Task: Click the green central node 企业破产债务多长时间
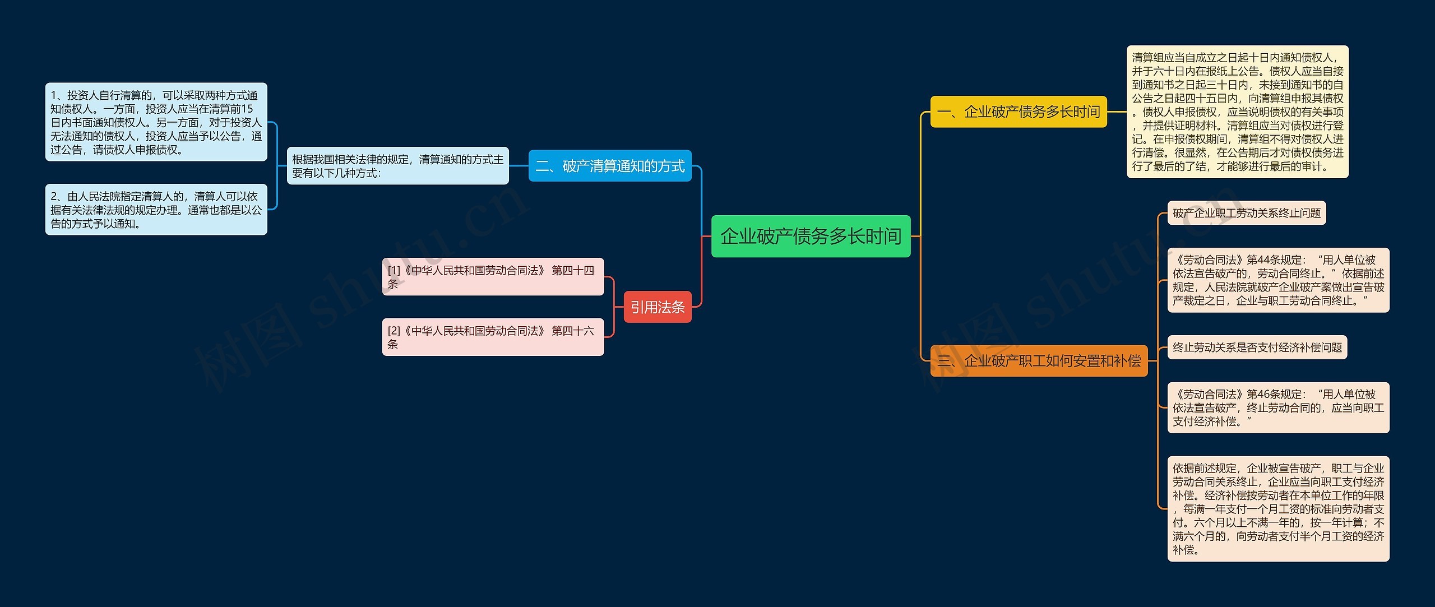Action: coord(811,236)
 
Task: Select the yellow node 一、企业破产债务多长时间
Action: coord(1019,112)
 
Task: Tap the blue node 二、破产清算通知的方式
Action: coord(610,166)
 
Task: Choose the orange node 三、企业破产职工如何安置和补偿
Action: coord(1039,360)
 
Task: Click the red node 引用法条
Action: coord(658,307)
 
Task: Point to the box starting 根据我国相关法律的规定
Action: coord(397,166)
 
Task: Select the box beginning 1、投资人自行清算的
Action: coord(156,122)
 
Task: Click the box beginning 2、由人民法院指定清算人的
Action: coord(156,210)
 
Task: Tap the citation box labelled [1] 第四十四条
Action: coord(493,276)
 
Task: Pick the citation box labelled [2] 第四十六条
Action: coord(493,337)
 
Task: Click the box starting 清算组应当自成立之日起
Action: coord(1237,112)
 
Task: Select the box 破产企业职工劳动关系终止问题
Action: coord(1246,213)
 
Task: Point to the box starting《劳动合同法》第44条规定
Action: coord(1278,280)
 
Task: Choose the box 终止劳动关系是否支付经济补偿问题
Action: coord(1257,347)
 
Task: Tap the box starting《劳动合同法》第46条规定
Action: coord(1278,407)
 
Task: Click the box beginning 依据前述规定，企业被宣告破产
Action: coord(1278,508)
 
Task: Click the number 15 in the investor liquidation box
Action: coord(247,109)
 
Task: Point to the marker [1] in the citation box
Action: coord(394,271)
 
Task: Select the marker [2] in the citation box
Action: coord(394,331)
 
